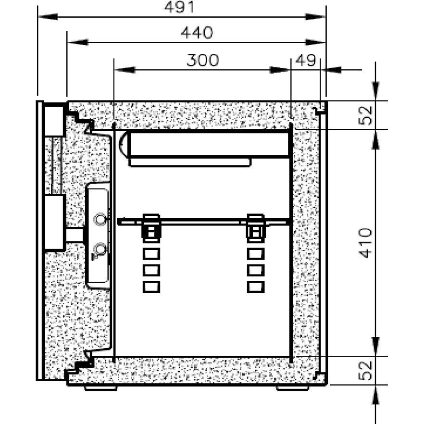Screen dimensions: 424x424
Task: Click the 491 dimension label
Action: click(x=179, y=7)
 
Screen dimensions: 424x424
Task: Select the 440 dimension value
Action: click(x=197, y=33)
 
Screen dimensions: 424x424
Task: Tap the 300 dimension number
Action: click(x=202, y=60)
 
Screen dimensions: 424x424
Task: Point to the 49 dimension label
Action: click(x=306, y=60)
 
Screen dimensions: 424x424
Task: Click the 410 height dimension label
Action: click(x=365, y=243)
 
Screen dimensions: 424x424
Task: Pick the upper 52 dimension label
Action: click(x=365, y=115)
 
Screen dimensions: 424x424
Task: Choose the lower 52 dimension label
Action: click(x=365, y=371)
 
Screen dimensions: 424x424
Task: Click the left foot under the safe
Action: click(x=100, y=388)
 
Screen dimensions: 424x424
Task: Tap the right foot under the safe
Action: click(x=293, y=388)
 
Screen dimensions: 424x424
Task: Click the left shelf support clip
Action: click(x=151, y=227)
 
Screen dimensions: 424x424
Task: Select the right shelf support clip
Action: click(x=256, y=227)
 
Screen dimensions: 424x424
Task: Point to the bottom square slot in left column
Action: click(x=151, y=287)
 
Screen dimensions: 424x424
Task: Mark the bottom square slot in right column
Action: click(x=256, y=287)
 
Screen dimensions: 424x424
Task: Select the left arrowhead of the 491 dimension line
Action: click(x=48, y=17)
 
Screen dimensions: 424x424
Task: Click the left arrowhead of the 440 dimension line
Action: click(x=77, y=42)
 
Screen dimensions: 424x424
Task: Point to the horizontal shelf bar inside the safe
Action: click(x=204, y=222)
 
